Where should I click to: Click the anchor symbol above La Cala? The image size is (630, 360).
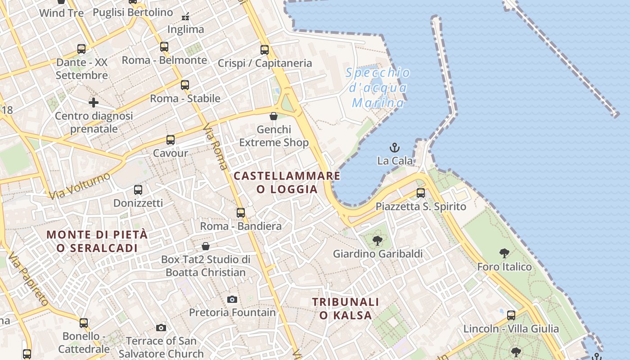tap(395, 147)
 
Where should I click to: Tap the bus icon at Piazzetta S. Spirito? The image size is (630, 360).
tap(421, 193)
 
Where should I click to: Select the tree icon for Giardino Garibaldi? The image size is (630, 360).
tap(378, 240)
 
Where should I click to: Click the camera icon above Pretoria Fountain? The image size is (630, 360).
tap(232, 299)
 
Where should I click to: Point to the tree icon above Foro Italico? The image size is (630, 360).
tap(504, 253)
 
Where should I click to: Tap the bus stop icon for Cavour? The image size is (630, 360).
tap(170, 140)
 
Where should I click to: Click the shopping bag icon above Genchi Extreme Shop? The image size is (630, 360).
tap(274, 116)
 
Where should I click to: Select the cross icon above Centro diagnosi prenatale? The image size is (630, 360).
tap(94, 103)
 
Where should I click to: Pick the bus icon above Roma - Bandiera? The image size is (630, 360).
tap(241, 212)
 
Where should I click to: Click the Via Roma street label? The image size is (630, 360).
tap(215, 148)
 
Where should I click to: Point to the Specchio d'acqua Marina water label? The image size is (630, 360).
tap(378, 88)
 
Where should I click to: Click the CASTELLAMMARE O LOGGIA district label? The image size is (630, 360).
tap(287, 182)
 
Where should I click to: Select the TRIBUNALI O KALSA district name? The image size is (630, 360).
tap(346, 308)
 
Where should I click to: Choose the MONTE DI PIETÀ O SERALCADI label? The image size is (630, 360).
tap(97, 241)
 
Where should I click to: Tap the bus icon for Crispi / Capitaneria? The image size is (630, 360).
tap(265, 50)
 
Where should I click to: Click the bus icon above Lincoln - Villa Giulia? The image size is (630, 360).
tap(511, 315)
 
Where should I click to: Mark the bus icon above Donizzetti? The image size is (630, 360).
tap(138, 190)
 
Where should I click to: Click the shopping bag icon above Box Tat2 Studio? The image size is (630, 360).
tap(206, 246)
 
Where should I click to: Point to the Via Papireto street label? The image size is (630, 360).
tap(28, 279)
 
